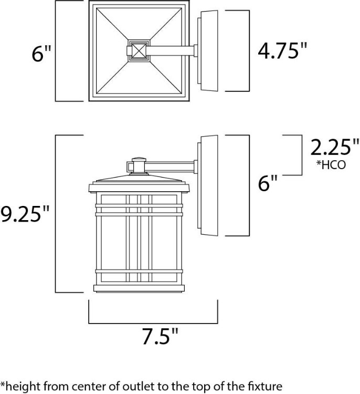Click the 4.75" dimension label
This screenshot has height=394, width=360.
tap(282, 51)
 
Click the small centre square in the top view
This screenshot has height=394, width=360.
tap(139, 51)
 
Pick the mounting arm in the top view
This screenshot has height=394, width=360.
tap(171, 51)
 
